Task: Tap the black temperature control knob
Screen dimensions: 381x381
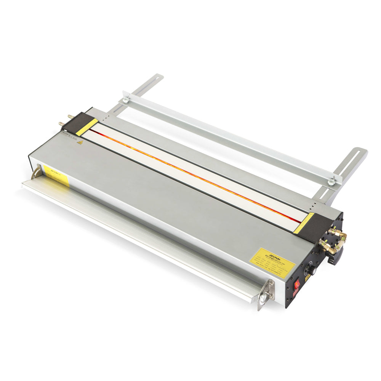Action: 312,271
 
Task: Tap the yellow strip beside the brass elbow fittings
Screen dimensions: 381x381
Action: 304,223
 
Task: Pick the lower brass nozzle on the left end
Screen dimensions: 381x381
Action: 62,123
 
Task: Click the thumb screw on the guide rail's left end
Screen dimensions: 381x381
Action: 125,100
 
